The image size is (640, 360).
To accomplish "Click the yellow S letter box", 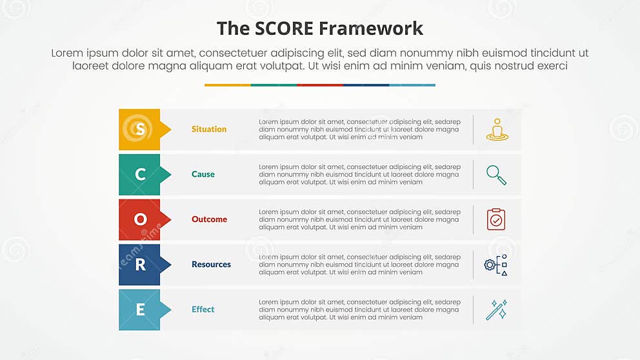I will (140, 129).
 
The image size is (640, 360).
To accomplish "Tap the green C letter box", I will (140, 174).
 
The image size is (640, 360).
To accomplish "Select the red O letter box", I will (140, 219).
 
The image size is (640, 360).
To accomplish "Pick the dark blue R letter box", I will (140, 265).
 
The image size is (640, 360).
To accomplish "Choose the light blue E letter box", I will (140, 310).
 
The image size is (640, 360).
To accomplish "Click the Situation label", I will (209, 129).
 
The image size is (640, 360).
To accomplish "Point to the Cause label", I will (203, 174).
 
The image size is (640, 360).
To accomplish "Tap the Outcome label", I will (209, 219).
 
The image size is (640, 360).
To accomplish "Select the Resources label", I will (211, 265).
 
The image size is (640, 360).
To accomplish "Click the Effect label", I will (203, 310).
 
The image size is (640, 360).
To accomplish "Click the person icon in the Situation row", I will (497, 129).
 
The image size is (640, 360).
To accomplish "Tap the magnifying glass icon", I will (496, 175).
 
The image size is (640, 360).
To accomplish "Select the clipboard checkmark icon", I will (496, 219).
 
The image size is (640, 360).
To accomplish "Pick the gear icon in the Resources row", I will (491, 265).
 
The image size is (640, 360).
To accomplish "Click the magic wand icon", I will (496, 310).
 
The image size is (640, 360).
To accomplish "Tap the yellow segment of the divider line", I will (228, 85).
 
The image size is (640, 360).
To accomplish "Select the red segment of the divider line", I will (320, 85).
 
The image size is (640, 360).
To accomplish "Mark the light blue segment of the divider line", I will (412, 85).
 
